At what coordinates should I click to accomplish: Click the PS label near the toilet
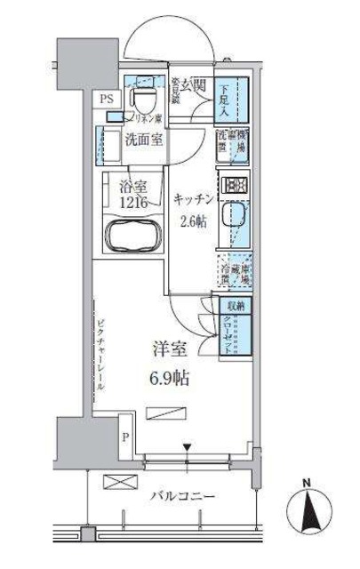(107, 98)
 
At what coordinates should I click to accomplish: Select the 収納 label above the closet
(233, 305)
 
